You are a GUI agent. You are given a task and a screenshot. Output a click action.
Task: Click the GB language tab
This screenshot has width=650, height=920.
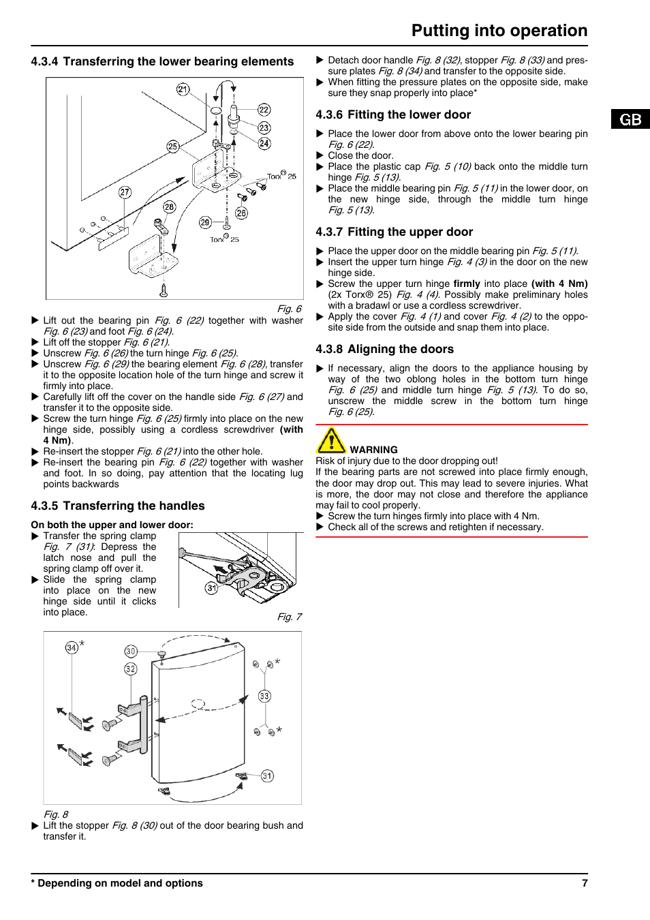coord(630,119)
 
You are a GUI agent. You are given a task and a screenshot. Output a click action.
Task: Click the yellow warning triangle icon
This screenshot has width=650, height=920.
coord(331,441)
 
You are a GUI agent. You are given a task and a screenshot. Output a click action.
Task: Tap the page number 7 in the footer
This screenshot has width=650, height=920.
coord(585,883)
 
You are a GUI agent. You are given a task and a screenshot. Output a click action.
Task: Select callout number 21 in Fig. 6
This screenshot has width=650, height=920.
coord(183,89)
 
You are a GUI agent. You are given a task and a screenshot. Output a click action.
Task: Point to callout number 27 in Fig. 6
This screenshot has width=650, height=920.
coord(125,192)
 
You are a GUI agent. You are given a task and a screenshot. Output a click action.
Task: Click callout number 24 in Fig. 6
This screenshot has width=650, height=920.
coord(264,143)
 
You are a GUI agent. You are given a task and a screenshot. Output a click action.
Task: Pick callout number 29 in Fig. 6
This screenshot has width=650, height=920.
coord(204,222)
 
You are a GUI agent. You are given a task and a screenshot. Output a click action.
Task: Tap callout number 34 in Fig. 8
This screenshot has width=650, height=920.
coord(72,647)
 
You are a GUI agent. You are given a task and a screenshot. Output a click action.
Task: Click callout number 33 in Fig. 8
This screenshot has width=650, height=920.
coord(264,696)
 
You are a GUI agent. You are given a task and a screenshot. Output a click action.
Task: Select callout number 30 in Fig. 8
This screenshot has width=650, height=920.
coord(131,651)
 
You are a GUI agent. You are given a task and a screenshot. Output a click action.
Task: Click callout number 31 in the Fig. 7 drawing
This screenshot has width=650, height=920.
coord(212,588)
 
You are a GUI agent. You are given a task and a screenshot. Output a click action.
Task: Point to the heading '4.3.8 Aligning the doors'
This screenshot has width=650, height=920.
coord(384,349)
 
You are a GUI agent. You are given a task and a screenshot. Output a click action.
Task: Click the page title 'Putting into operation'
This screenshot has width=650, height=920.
coord(499,31)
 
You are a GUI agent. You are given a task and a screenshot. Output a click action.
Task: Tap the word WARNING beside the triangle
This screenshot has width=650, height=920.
coord(373,450)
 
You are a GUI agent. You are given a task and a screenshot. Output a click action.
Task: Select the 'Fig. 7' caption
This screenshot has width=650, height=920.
coord(289,617)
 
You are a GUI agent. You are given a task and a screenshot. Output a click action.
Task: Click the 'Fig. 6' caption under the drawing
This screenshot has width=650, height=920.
coord(289,309)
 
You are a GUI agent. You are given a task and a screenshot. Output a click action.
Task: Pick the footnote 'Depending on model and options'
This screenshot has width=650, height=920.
coord(119,883)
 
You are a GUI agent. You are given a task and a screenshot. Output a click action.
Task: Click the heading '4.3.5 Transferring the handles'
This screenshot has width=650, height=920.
coord(117,506)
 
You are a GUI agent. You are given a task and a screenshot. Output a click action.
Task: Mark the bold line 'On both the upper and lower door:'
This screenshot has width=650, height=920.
coord(112,525)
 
